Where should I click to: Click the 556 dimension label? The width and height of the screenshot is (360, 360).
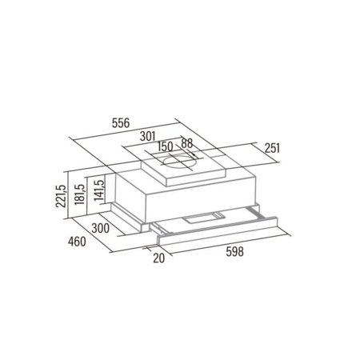[x=121, y=123]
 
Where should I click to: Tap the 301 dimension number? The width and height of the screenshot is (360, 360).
[x=147, y=136]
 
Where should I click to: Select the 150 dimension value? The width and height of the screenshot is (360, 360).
[x=166, y=147]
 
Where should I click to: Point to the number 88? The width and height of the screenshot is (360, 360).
[x=186, y=143]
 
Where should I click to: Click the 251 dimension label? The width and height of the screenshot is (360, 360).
[x=272, y=148]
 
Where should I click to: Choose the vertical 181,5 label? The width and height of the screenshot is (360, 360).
[x=79, y=194]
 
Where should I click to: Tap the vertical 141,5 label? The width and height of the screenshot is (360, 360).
[x=98, y=190]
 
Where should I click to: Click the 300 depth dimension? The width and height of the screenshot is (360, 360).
[x=100, y=228]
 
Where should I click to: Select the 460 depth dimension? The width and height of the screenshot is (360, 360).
[x=77, y=242]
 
